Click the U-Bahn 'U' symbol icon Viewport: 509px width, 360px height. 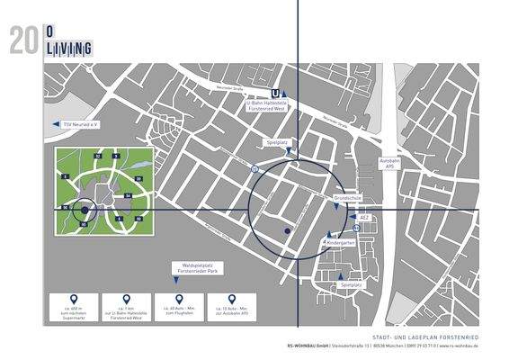[x=275, y=92]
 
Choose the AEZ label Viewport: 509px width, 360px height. [x=363, y=218]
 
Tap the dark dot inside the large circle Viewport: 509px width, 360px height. [x=287, y=231]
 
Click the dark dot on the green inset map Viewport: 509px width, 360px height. [x=84, y=210]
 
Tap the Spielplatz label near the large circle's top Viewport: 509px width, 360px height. [x=275, y=142]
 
